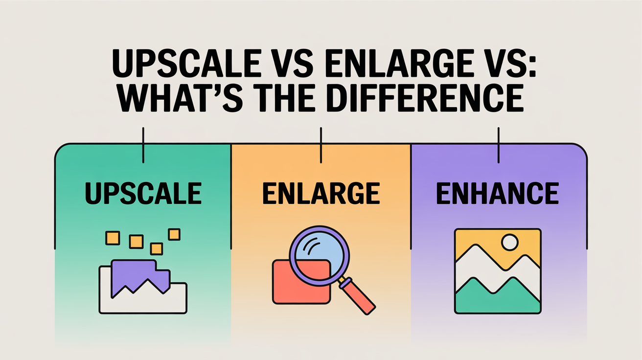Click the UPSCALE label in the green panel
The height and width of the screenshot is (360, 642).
(x=143, y=193)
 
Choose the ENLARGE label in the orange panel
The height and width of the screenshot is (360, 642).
(x=321, y=193)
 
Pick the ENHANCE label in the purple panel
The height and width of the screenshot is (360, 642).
(x=498, y=193)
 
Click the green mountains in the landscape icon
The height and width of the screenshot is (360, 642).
(x=498, y=296)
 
